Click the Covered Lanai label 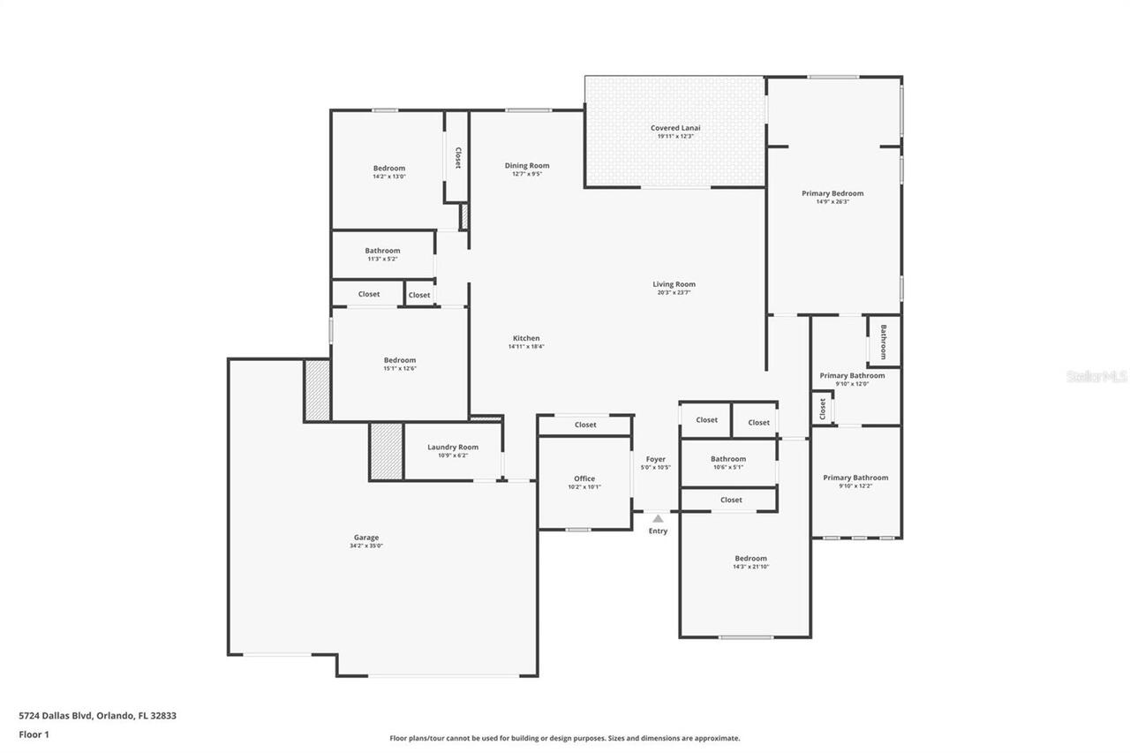(675, 128)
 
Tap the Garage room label (366, 538)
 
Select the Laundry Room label (453, 448)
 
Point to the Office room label (584, 478)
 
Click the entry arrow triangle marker (658, 519)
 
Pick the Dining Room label (527, 166)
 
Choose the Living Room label (674, 284)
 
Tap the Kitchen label (526, 339)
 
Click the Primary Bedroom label (832, 193)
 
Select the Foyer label (656, 459)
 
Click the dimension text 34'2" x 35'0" (366, 546)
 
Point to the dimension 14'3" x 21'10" (751, 567)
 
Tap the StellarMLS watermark (1096, 376)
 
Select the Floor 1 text (34, 734)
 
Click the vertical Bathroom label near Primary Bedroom (883, 342)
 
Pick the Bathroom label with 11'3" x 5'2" (382, 251)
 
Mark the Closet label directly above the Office (585, 425)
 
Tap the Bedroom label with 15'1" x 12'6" (399, 360)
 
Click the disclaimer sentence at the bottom (565, 738)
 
